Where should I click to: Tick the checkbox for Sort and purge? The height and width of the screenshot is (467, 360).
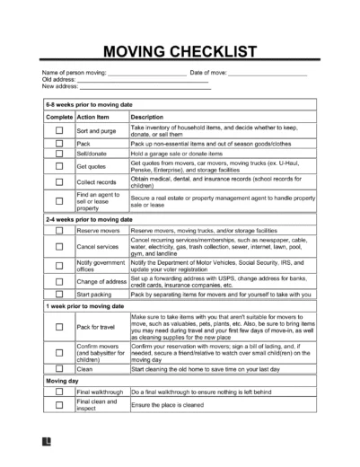pyautogui.click(x=59, y=131)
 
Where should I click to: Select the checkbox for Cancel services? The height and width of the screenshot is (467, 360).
pyautogui.click(x=59, y=246)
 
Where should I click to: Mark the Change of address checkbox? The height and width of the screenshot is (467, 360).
pyautogui.click(x=59, y=281)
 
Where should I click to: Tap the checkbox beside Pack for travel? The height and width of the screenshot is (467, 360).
pyautogui.click(x=59, y=328)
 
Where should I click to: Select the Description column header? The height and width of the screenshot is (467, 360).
pyautogui.click(x=147, y=117)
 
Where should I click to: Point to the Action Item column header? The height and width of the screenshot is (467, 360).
pyautogui.click(x=92, y=117)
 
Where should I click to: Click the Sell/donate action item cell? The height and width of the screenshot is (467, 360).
pyautogui.click(x=91, y=154)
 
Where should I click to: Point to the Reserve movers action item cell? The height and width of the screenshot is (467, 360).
pyautogui.click(x=97, y=230)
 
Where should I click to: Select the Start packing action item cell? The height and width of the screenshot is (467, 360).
pyautogui.click(x=94, y=294)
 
